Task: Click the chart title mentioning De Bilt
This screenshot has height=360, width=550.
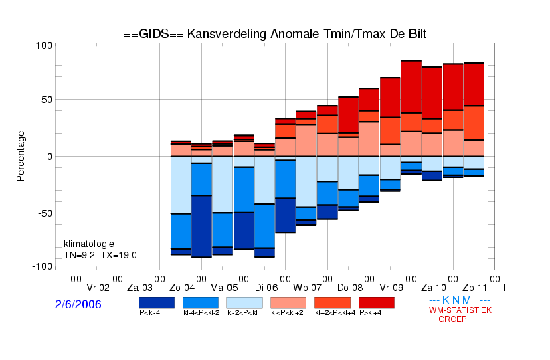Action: point(275,34)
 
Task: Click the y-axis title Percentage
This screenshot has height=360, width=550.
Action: point(21,156)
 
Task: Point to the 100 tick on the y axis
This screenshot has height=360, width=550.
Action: point(44,46)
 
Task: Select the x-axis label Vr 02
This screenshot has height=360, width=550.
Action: point(98,288)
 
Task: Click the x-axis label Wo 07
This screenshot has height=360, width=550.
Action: point(307,288)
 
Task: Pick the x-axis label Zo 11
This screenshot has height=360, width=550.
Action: point(475,288)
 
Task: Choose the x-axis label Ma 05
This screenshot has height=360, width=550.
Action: point(223,288)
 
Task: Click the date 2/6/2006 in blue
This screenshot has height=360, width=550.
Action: point(78,304)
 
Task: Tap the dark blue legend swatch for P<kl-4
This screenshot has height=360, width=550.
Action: point(157,303)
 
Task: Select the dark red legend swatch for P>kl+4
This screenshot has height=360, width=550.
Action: point(377,303)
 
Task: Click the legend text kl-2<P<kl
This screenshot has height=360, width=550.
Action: point(242,312)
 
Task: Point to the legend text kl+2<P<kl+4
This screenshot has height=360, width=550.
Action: point(335,312)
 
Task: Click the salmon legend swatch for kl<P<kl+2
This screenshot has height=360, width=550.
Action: point(288,303)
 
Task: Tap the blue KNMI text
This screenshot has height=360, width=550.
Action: point(460,300)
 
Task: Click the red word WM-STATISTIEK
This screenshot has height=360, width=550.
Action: point(460,310)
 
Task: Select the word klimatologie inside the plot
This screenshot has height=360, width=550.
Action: point(89,244)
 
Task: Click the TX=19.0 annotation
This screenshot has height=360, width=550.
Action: point(118,256)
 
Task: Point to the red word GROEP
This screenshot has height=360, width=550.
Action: point(452,319)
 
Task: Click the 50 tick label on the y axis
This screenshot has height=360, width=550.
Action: point(47,100)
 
